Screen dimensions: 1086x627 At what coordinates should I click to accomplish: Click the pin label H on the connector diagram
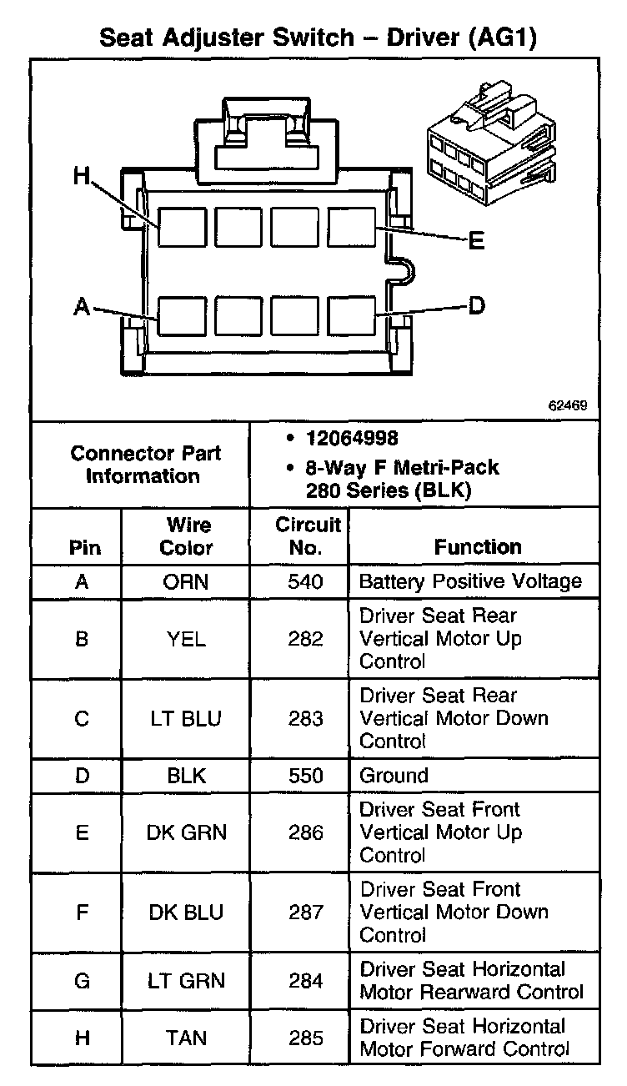pyautogui.click(x=81, y=176)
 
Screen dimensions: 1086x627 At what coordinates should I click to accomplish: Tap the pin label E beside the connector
pyautogui.click(x=475, y=242)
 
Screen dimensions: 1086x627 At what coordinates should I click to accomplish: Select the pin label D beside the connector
pyautogui.click(x=475, y=307)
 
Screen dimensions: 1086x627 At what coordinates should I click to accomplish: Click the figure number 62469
pyautogui.click(x=568, y=406)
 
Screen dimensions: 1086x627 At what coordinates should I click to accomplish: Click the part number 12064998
pyautogui.click(x=351, y=438)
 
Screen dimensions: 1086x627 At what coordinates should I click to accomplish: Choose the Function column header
pyautogui.click(x=478, y=547)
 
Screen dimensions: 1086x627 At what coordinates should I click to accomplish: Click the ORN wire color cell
pyautogui.click(x=186, y=581)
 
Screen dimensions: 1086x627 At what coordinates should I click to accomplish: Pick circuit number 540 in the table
pyautogui.click(x=305, y=581)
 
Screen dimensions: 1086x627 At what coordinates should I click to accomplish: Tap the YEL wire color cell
pyautogui.click(x=186, y=639)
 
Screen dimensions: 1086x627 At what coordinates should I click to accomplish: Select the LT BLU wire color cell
pyautogui.click(x=186, y=718)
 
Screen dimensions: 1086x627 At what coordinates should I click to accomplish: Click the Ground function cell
pyautogui.click(x=394, y=776)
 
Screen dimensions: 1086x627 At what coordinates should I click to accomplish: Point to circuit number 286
pyautogui.click(x=305, y=832)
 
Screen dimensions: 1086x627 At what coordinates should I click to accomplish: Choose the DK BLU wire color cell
pyautogui.click(x=186, y=913)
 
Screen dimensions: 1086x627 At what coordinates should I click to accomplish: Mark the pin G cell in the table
pyautogui.click(x=82, y=981)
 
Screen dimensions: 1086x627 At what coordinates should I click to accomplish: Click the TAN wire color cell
pyautogui.click(x=186, y=1038)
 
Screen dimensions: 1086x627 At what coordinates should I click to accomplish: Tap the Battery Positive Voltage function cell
pyautogui.click(x=470, y=581)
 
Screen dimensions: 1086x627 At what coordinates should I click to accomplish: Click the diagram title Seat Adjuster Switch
pyautogui.click(x=216, y=38)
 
